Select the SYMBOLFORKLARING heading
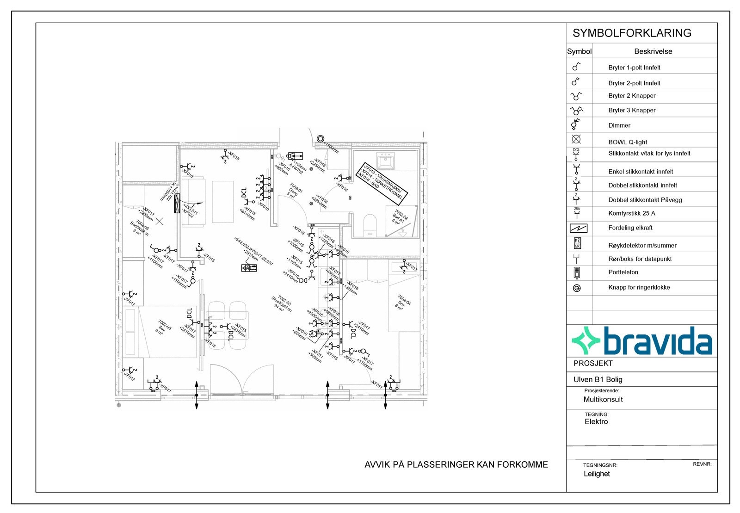(632, 33)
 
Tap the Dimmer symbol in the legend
(576, 124)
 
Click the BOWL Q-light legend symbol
(576, 139)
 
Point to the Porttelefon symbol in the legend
(576, 273)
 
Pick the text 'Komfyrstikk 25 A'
(631, 213)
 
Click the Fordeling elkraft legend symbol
(578, 228)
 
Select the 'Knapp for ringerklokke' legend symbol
(576, 288)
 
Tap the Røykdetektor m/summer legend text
(642, 246)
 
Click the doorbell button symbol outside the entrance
(321, 138)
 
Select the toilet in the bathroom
(370, 225)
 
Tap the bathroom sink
(385, 161)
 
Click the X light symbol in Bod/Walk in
(160, 221)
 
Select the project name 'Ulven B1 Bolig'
(598, 380)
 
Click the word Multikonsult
(603, 400)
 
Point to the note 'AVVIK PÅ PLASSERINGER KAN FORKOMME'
(456, 465)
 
